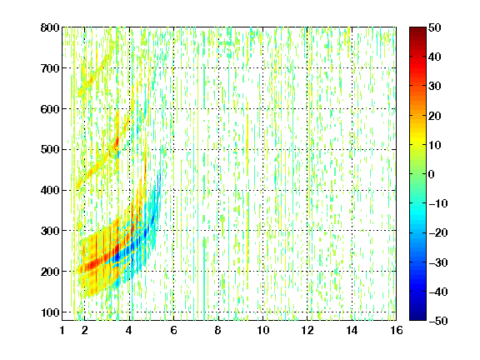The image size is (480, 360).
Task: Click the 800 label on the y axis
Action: click(50, 27)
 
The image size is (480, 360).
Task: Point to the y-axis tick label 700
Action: click(50, 68)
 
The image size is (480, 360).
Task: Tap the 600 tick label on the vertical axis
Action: click(50, 109)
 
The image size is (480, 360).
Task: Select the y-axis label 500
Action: click(50, 150)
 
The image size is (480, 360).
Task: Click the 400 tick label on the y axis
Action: click(50, 190)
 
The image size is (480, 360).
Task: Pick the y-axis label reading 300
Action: click(50, 231)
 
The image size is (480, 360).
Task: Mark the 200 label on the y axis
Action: click(50, 272)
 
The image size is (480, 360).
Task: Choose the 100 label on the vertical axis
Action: click(50, 312)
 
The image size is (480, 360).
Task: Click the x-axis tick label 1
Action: click(62, 330)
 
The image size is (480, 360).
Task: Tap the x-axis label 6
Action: click(173, 330)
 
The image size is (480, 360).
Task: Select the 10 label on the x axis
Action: click(263, 330)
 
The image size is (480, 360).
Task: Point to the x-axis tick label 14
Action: click(352, 330)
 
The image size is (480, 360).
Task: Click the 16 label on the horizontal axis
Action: click(397, 330)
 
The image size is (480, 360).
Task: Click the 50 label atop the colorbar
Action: click(435, 27)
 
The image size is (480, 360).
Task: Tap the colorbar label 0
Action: click(432, 174)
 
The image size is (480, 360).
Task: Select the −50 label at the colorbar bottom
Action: click(438, 321)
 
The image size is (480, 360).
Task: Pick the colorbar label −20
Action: click(438, 233)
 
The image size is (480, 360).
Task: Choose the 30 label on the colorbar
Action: click(435, 87)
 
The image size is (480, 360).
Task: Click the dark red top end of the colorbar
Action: click(417, 30)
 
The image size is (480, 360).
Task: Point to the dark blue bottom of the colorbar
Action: click(417, 317)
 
